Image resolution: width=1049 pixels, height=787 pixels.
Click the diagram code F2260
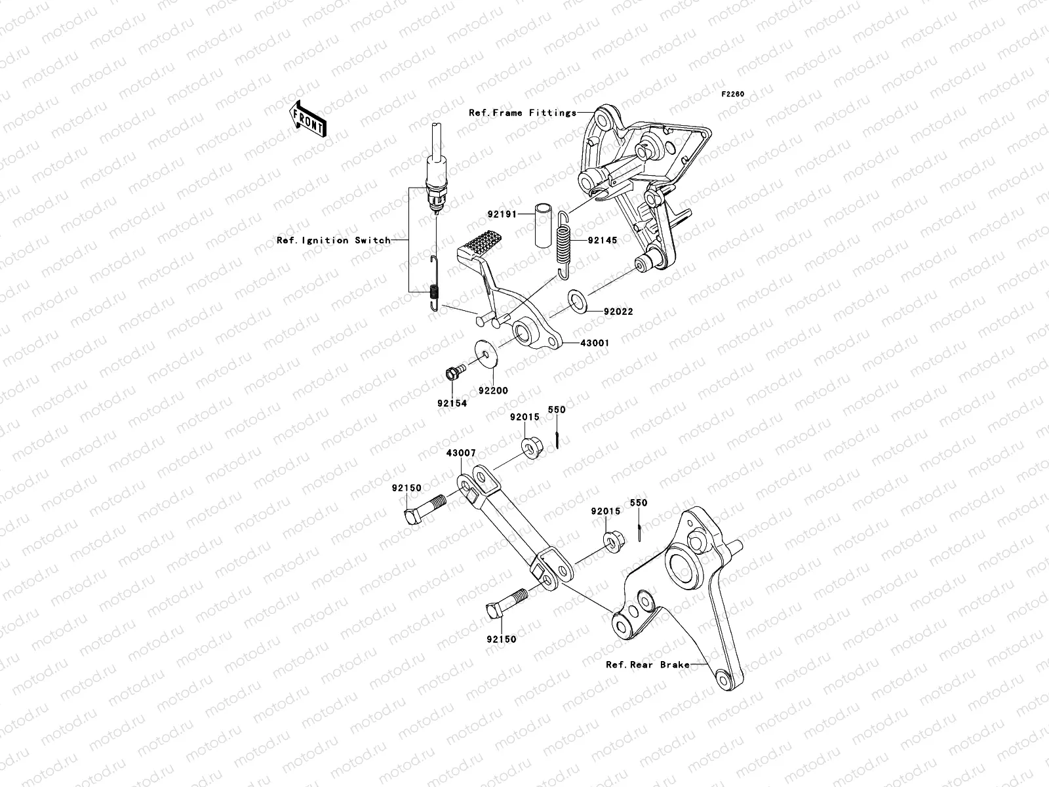(x=733, y=94)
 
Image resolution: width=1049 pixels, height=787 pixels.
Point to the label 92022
(x=618, y=312)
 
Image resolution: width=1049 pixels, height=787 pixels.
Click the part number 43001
(x=595, y=342)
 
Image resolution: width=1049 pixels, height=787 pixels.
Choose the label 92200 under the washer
(x=492, y=390)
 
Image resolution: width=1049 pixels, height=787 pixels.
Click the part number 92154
(x=452, y=403)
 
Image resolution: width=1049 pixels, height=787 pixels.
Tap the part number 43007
(x=461, y=453)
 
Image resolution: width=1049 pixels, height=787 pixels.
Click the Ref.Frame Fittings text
(x=531, y=113)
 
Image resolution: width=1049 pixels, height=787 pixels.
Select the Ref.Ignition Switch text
(x=333, y=241)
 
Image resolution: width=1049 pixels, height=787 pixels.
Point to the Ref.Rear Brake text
(x=647, y=664)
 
